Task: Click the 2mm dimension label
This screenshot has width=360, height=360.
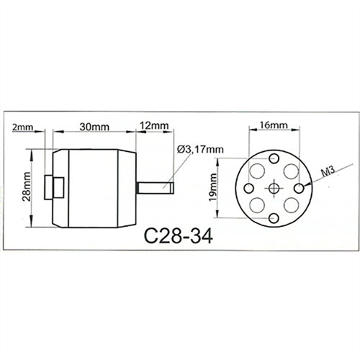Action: point(23,127)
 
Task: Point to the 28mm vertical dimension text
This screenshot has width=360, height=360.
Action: point(24,188)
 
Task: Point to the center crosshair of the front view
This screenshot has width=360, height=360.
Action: point(274,188)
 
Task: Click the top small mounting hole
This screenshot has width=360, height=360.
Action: point(274,158)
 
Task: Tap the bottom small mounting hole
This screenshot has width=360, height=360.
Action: point(274,218)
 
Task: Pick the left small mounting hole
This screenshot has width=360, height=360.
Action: point(248,188)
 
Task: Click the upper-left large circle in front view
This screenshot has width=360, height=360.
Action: point(258,171)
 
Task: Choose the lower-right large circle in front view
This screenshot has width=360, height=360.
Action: point(291,204)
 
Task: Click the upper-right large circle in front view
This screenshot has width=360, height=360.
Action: point(291,171)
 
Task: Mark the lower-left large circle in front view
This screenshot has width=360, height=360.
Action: point(258,204)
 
